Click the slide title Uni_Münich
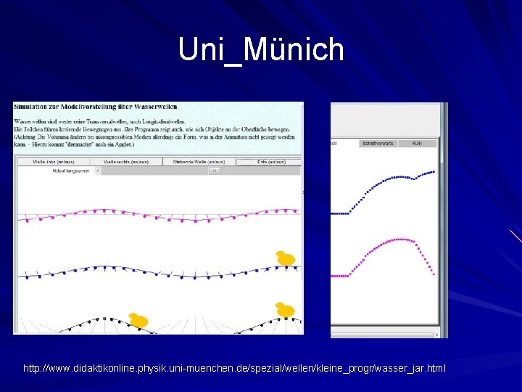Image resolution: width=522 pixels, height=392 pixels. click(261, 49)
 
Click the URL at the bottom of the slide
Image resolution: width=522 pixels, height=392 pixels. click(235, 369)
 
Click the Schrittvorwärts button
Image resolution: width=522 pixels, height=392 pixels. click(378, 144)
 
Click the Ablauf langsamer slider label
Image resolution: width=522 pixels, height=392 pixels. click(71, 171)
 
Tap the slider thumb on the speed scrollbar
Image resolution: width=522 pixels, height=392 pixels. click(214, 171)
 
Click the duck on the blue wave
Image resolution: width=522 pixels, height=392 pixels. click(286, 258)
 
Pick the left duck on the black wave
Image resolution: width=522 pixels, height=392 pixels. click(138, 319)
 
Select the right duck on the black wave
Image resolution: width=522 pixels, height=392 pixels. click(285, 310)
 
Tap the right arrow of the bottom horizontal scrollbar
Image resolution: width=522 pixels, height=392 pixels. click(436, 335)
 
